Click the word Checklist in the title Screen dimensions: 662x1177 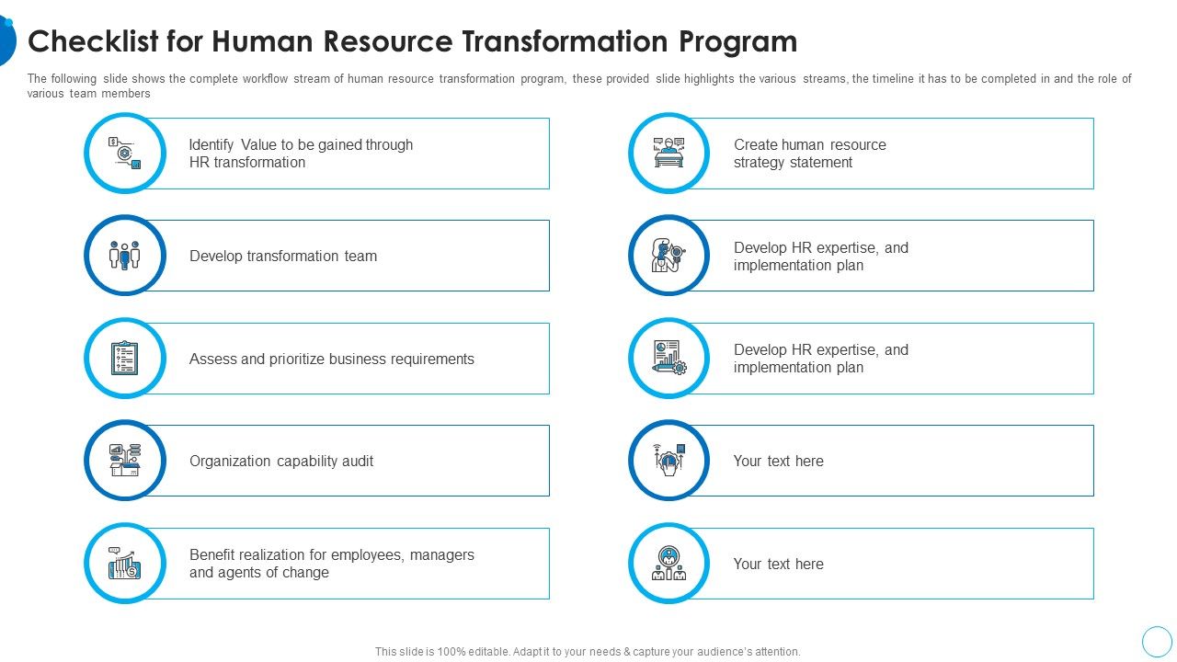[x=87, y=42]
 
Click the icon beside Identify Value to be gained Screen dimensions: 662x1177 [x=125, y=153]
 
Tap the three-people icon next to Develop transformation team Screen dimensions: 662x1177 [x=125, y=256]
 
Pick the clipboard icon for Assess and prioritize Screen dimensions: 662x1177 [x=125, y=359]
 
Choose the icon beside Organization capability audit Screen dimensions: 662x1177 [x=125, y=461]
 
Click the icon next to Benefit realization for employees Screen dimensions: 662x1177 [x=125, y=564]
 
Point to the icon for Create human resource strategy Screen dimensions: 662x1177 [x=669, y=153]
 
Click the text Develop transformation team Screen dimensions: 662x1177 [x=283, y=257]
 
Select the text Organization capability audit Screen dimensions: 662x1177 [x=281, y=462]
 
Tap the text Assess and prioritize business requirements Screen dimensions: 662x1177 [x=332, y=360]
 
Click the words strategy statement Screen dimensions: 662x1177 [x=793, y=163]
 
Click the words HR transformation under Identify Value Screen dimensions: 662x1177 [x=247, y=163]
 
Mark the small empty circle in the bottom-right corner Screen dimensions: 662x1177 [x=1157, y=641]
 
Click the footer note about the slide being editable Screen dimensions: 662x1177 [x=588, y=652]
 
